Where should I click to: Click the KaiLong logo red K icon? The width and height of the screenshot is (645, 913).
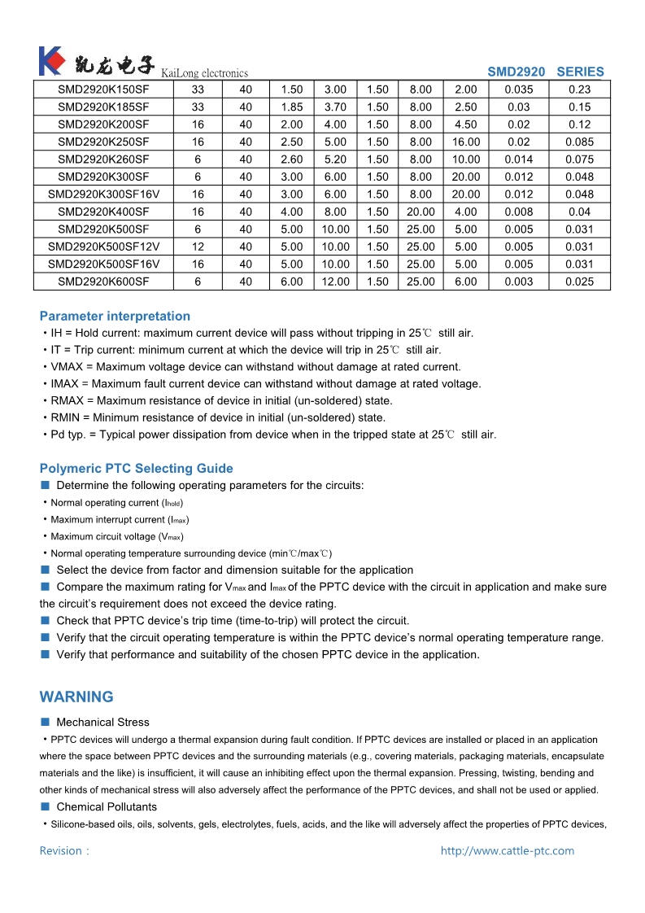(x=50, y=61)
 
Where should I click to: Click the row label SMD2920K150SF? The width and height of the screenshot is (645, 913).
(x=103, y=90)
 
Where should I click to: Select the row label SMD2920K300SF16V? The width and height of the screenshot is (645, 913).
(x=103, y=194)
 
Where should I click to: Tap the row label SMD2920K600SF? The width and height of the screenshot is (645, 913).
(x=103, y=282)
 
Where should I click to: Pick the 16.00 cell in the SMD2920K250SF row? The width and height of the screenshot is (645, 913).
(x=466, y=142)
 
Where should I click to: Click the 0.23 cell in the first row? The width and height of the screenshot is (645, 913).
(x=579, y=90)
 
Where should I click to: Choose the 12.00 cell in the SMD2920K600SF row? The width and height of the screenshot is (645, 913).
(x=335, y=282)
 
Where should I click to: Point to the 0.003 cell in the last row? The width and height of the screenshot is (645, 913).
(x=518, y=282)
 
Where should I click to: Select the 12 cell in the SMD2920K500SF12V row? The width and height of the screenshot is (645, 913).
(x=198, y=247)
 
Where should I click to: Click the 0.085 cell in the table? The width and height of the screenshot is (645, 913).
(x=579, y=142)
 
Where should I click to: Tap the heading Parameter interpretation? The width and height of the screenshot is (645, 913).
(x=115, y=317)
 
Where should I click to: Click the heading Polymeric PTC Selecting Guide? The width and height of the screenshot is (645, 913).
(x=136, y=469)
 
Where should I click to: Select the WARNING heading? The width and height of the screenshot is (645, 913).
(x=76, y=697)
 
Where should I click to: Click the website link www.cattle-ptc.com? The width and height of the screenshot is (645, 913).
(x=507, y=851)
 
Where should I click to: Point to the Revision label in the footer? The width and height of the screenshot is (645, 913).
(x=63, y=851)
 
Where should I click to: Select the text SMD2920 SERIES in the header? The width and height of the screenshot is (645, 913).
(x=546, y=72)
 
